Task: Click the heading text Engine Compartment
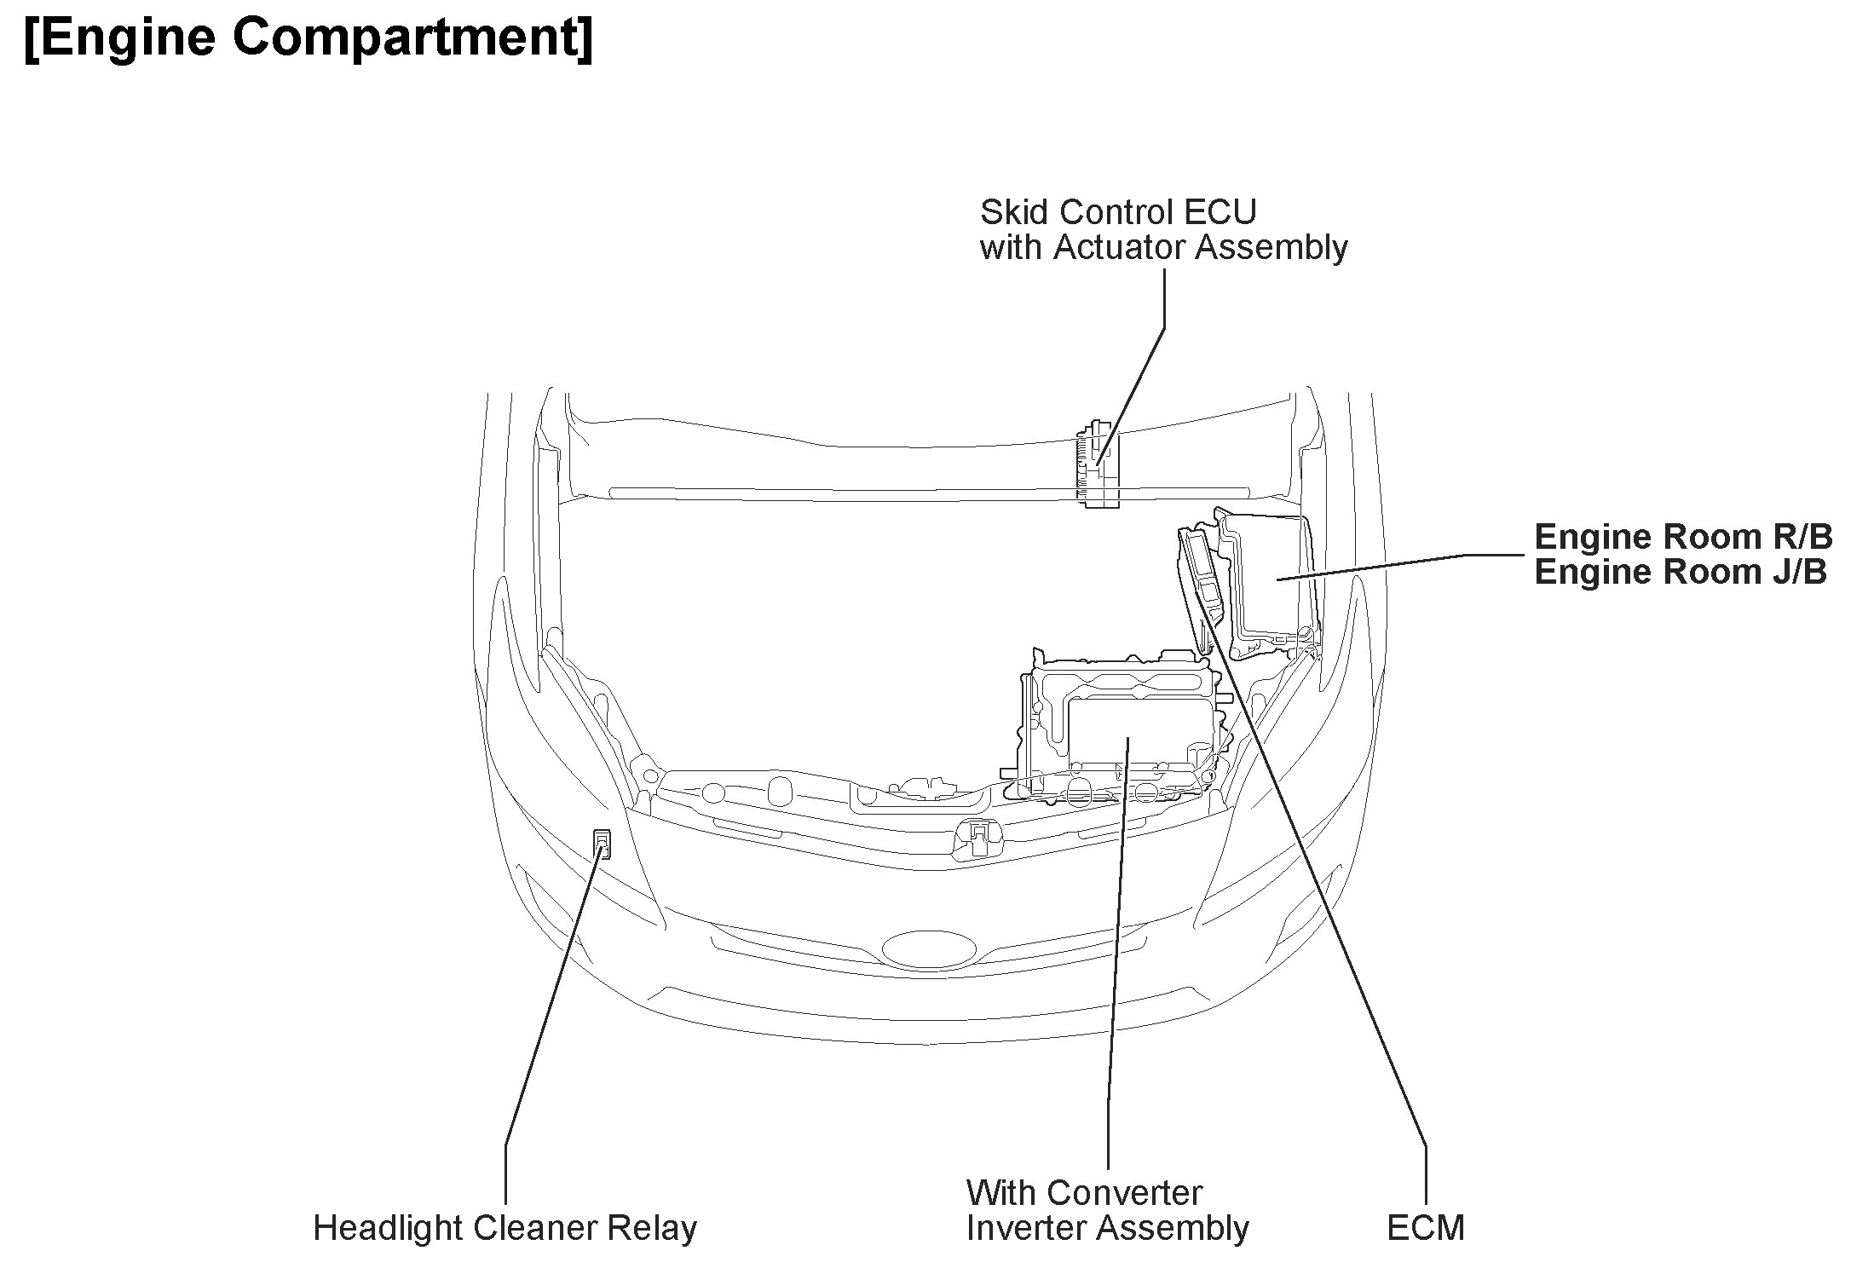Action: click(308, 38)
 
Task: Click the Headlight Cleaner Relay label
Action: click(505, 1228)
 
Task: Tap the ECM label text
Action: click(1425, 1228)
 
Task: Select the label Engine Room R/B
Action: click(1682, 537)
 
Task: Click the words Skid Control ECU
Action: click(1117, 211)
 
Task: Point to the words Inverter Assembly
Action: click(1107, 1228)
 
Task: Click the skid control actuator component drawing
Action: click(1098, 464)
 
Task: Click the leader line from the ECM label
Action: click(1329, 895)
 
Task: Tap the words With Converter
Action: click(1084, 1192)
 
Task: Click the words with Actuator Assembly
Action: click(1163, 247)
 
